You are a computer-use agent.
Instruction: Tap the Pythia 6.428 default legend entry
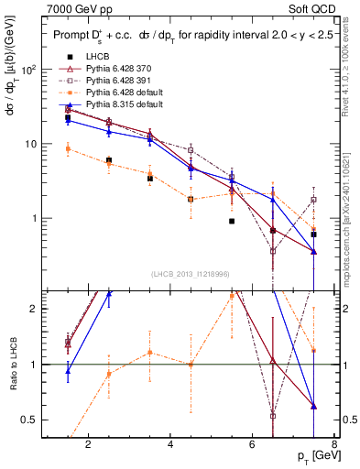tap(122, 92)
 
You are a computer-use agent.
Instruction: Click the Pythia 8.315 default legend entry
tap(122, 104)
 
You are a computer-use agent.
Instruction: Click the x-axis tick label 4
tap(171, 445)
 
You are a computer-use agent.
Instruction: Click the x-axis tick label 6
tap(254, 445)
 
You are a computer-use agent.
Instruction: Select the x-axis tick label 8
tap(335, 445)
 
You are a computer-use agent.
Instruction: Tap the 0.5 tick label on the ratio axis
tap(28, 420)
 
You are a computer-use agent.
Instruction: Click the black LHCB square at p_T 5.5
tap(232, 221)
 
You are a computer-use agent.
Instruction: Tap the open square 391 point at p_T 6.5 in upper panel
tap(273, 250)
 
